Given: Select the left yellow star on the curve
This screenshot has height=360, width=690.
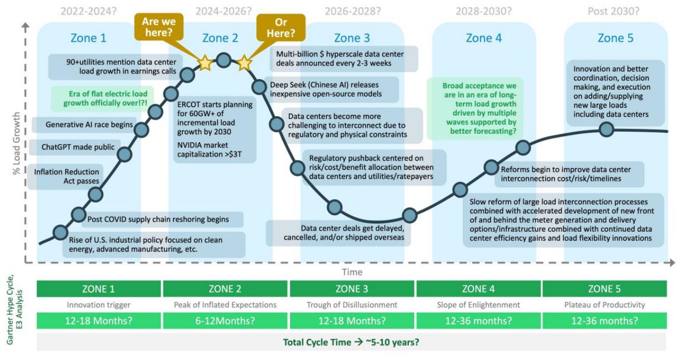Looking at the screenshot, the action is point(205,63).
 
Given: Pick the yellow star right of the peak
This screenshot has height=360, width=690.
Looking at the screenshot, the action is point(244,63).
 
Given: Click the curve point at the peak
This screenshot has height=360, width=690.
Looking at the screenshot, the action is point(224,60).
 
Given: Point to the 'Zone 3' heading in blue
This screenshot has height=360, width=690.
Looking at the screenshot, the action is point(352,38).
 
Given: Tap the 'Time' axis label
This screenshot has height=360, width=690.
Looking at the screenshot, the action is point(352,272).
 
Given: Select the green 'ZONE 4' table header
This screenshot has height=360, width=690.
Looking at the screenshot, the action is point(479,289).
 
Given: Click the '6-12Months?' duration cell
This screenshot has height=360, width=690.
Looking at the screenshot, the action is point(225,320).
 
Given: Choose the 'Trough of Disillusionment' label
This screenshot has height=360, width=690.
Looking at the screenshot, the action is point(352,305).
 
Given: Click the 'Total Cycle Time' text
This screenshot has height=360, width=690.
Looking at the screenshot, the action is point(352,342).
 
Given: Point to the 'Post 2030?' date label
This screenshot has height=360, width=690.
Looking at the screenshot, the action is point(613,10).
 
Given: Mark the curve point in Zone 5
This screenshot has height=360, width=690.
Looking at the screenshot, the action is point(606,129).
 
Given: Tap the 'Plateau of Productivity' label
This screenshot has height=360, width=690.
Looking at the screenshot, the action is point(605,305).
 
